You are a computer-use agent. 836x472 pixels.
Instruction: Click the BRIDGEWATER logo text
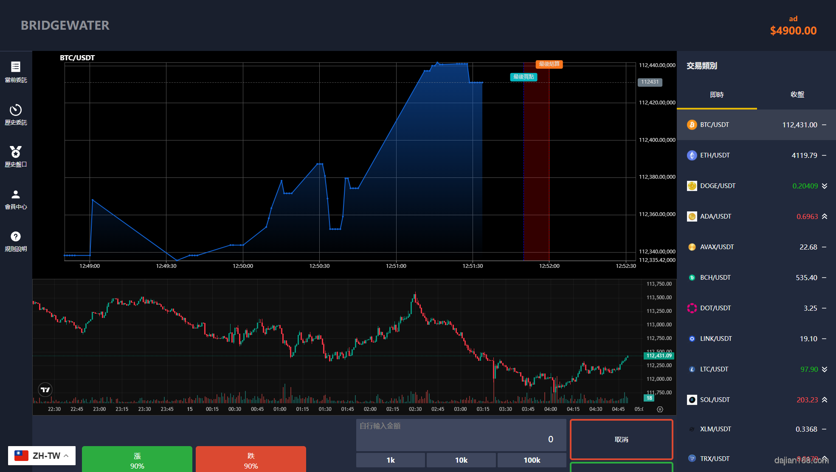pos(65,25)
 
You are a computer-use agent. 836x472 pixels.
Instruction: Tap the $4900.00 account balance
pos(793,31)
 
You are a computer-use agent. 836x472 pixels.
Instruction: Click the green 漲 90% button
pos(137,460)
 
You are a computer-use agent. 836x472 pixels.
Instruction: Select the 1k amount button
pos(390,460)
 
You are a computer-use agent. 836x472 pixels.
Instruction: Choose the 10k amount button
pos(461,460)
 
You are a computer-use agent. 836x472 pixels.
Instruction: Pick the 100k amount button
pos(532,460)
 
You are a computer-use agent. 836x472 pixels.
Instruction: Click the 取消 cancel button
pos(621,440)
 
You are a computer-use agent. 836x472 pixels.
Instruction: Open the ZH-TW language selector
pos(42,456)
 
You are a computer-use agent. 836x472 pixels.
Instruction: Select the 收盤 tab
pos(797,95)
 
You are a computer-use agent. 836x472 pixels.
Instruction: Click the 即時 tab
pos(717,95)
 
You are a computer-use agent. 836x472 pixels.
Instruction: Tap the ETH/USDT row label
pos(715,155)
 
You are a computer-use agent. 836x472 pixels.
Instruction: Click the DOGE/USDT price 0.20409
pos(805,186)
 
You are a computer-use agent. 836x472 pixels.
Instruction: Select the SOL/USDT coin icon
pos(692,400)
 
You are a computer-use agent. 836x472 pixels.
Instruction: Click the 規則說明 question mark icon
pos(16,236)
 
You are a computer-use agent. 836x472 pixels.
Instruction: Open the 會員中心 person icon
pos(16,194)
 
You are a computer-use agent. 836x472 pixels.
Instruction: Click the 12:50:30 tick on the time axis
pos(319,266)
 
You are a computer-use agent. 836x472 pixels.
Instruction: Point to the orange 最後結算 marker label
pos(549,64)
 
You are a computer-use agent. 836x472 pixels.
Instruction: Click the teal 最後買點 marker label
pos(524,77)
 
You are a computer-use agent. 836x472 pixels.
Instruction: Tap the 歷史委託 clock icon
pos(16,110)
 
